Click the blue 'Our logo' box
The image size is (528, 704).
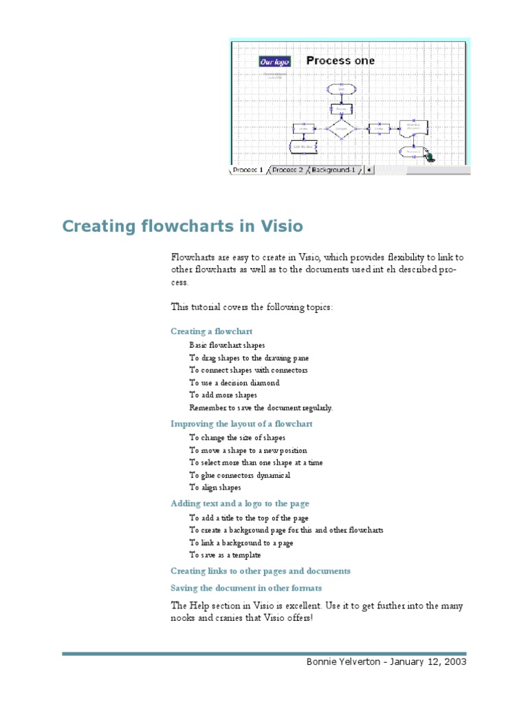(x=274, y=62)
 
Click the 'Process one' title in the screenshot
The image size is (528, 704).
(x=340, y=60)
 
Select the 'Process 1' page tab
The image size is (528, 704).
(x=247, y=170)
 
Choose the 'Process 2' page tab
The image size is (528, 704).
(x=287, y=170)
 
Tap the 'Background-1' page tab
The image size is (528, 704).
(x=333, y=170)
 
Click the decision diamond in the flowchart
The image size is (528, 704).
(x=340, y=129)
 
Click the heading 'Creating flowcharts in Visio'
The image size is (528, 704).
(x=182, y=226)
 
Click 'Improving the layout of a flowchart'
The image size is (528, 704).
(x=241, y=424)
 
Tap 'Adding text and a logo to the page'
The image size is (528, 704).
(x=240, y=504)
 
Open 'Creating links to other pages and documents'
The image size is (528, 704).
(x=261, y=571)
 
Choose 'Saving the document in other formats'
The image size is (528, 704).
(x=246, y=588)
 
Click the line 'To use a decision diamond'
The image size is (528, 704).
(x=234, y=383)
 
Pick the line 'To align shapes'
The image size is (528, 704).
(x=215, y=487)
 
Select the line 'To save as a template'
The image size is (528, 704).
(x=225, y=555)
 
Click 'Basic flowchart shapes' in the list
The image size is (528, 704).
(x=227, y=346)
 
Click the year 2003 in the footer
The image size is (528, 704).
(x=454, y=662)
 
